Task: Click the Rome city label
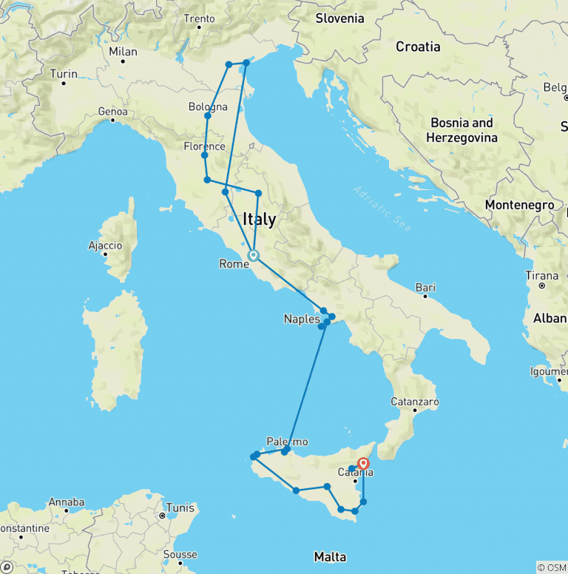233,263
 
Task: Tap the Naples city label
302,320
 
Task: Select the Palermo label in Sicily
287,442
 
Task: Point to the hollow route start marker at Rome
253,256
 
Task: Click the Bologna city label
208,107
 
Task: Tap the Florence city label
204,146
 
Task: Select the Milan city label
124,52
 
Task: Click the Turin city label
64,74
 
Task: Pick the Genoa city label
112,111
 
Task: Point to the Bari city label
425,287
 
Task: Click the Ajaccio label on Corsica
105,245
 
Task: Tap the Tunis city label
180,507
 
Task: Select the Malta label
330,557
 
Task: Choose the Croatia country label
418,47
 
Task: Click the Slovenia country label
339,18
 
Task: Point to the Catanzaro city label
415,402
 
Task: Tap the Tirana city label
541,276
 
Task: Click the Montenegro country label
519,205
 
